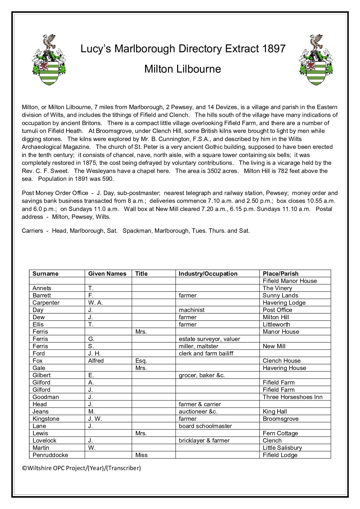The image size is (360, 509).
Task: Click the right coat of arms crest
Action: (x=316, y=59)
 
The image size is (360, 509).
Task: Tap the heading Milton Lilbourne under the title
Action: (x=183, y=69)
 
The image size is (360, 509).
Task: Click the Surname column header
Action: (x=45, y=274)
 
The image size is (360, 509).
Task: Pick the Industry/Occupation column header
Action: (x=208, y=274)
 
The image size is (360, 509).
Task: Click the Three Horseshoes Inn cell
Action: (x=292, y=397)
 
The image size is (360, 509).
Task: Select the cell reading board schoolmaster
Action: (x=205, y=426)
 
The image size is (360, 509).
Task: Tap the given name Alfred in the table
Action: (x=96, y=361)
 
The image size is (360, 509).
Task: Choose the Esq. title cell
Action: (x=141, y=361)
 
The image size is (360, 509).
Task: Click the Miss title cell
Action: (x=141, y=455)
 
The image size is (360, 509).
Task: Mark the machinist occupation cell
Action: (x=191, y=310)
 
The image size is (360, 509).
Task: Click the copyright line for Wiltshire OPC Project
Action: (x=81, y=468)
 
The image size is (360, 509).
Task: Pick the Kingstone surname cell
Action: (x=46, y=419)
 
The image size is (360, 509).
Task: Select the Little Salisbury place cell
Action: (x=282, y=448)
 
